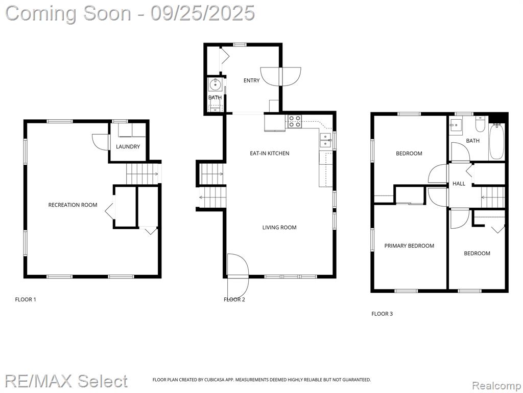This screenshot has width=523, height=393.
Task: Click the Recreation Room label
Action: tap(73, 205)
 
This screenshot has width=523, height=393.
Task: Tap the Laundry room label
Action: tap(128, 146)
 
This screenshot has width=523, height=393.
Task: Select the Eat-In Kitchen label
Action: tap(270, 153)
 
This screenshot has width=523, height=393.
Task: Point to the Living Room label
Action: tap(279, 228)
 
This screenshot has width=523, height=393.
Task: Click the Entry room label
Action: tap(251, 80)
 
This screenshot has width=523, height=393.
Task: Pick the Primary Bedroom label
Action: tap(409, 246)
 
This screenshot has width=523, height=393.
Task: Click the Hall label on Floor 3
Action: tap(459, 184)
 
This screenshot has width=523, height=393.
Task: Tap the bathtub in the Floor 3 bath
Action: tap(496, 141)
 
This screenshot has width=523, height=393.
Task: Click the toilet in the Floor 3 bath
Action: tap(480, 124)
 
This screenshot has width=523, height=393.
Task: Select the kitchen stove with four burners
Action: tap(294, 121)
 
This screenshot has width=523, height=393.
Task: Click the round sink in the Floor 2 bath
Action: tap(216, 84)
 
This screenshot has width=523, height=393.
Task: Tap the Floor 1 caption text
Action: tap(26, 299)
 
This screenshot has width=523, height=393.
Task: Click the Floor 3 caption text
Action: tap(382, 314)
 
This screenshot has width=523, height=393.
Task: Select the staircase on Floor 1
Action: tap(144, 173)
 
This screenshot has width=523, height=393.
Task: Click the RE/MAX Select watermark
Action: tap(66, 381)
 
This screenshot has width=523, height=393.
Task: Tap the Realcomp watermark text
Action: tap(496, 385)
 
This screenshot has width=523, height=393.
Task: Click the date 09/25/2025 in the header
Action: tap(202, 13)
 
